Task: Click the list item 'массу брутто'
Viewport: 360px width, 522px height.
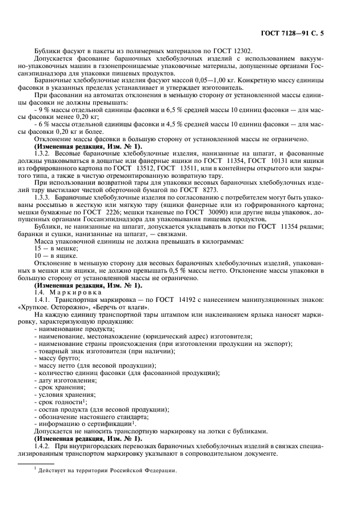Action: (x=58, y=357)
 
